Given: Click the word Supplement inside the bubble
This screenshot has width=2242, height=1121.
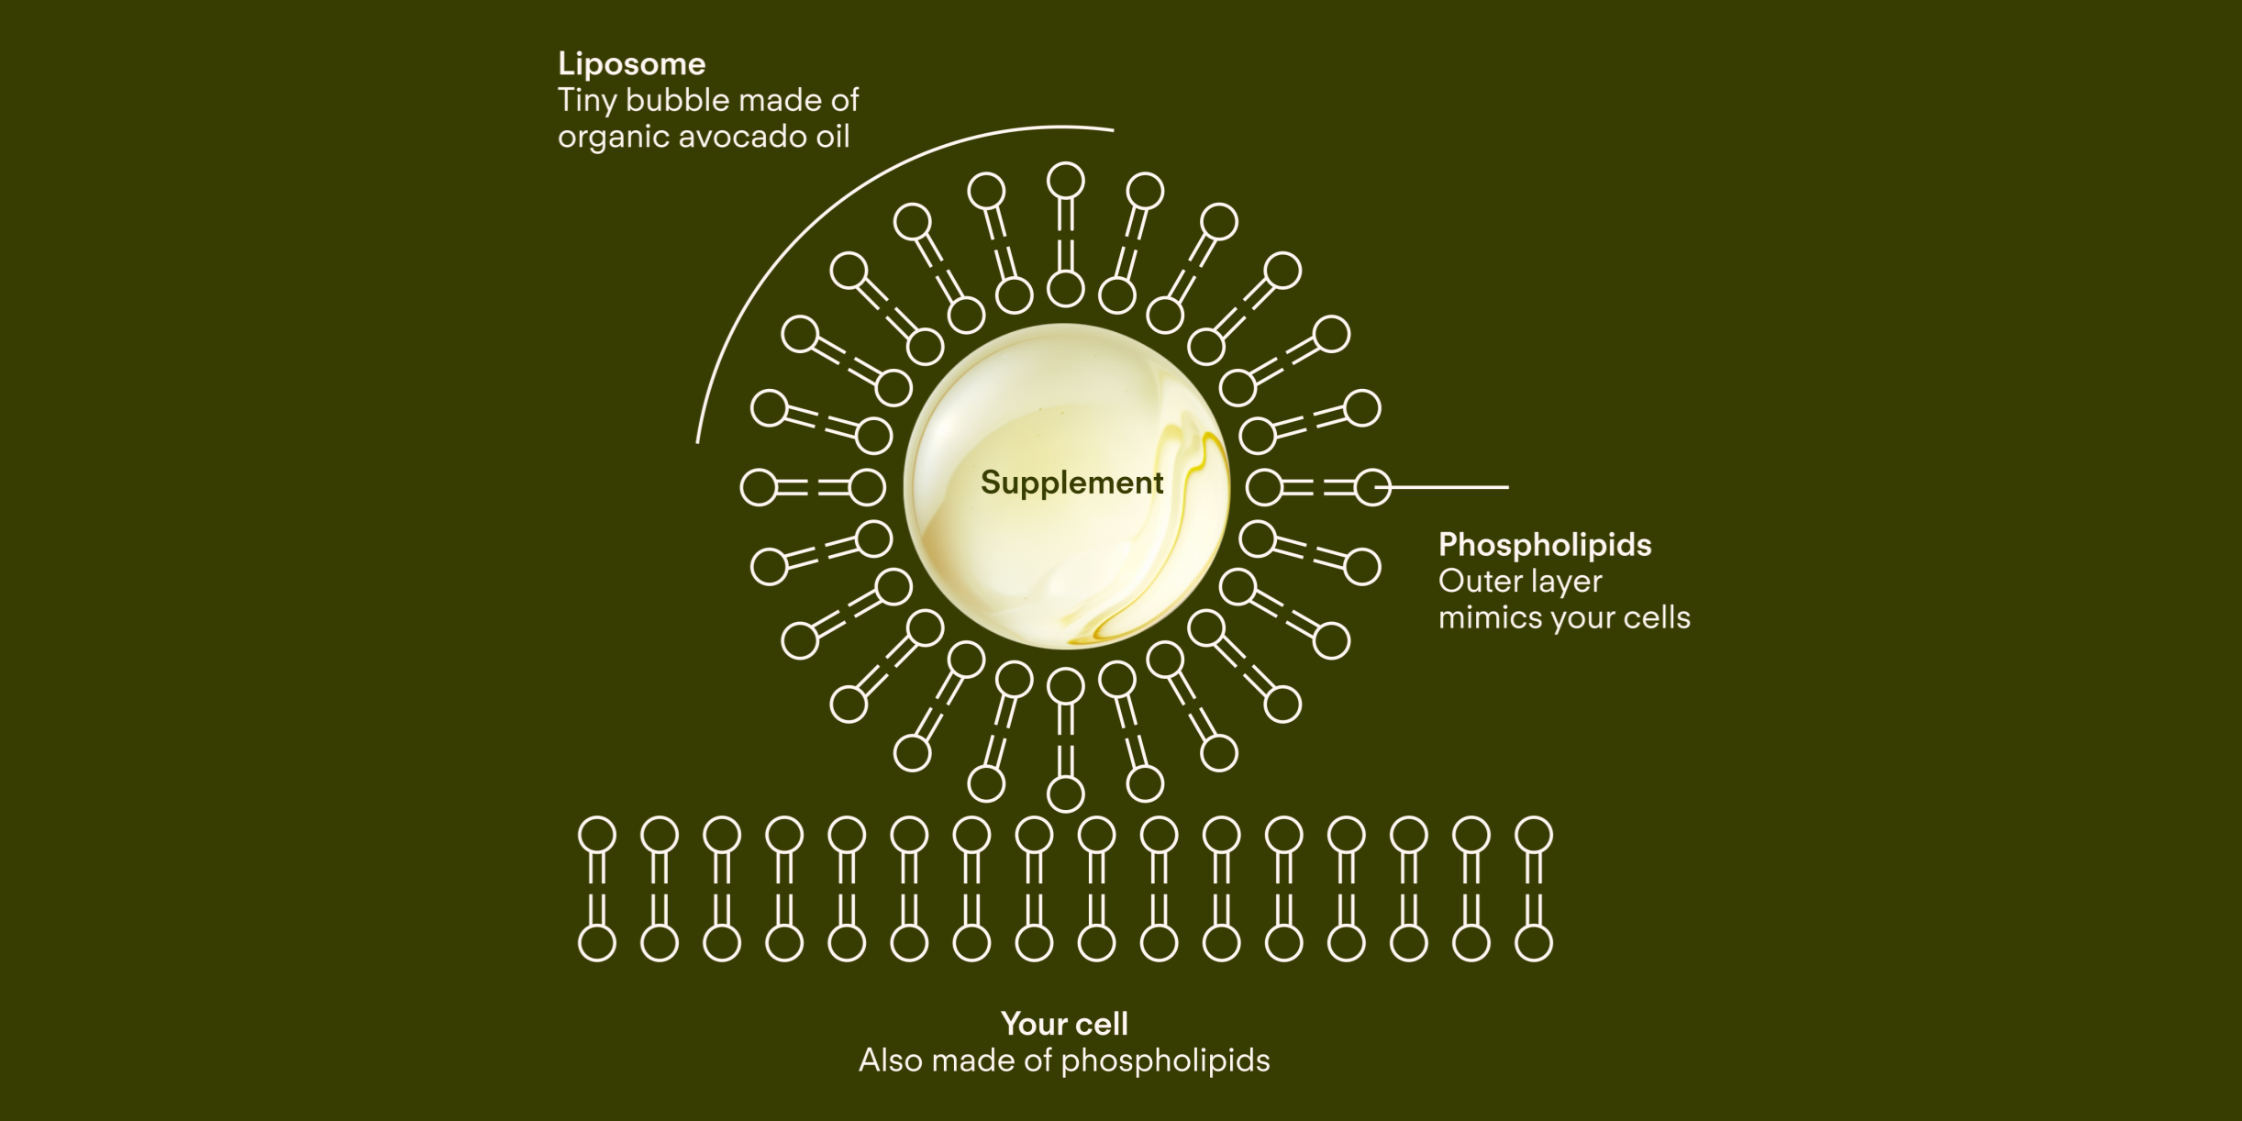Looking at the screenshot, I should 1071,483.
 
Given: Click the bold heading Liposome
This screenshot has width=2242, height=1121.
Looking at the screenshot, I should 631,64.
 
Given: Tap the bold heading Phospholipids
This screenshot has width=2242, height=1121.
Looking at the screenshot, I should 1544,545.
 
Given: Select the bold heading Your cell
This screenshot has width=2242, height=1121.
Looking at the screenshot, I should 1064,1024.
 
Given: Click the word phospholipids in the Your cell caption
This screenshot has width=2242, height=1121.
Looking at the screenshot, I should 1165,1061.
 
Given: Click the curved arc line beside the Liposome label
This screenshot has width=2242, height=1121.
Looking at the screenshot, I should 826,220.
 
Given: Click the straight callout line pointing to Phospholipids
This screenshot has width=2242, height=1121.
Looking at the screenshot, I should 1449,487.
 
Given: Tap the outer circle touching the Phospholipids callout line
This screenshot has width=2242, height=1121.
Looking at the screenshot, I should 1373,487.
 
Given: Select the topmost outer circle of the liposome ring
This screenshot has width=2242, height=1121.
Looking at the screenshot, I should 1065,182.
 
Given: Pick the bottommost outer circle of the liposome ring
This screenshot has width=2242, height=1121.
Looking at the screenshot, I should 1065,794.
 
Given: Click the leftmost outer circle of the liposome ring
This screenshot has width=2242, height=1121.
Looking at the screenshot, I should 759,487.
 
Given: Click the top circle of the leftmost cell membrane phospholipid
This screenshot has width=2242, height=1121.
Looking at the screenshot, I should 597,836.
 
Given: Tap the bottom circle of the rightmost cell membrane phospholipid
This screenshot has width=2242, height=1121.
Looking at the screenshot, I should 1534,943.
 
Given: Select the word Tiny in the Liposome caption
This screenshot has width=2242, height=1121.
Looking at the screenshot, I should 588,101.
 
